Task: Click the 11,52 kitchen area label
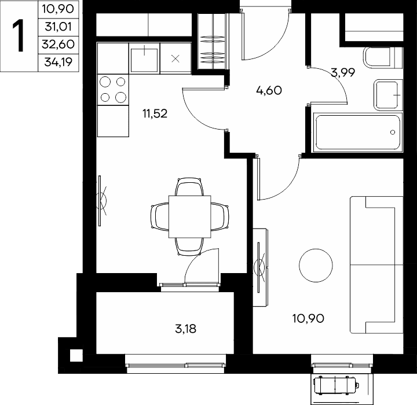point(155,114)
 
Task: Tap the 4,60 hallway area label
point(269,90)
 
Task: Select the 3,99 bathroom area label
point(343,72)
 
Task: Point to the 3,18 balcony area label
point(186,329)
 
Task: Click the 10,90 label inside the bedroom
point(308,318)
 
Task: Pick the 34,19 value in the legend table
point(58,62)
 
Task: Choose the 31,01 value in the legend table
point(58,27)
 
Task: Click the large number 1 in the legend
point(19,36)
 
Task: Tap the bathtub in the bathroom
point(358,132)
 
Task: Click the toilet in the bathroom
point(382,58)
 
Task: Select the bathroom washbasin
point(388,95)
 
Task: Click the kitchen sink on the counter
point(144,58)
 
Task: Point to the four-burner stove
point(113,90)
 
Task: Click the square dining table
point(190,217)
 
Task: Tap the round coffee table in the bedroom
point(316,265)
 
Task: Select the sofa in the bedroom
point(376,265)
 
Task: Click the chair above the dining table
point(189,187)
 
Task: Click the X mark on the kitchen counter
point(175,58)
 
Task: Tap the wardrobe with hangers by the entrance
point(213,41)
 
